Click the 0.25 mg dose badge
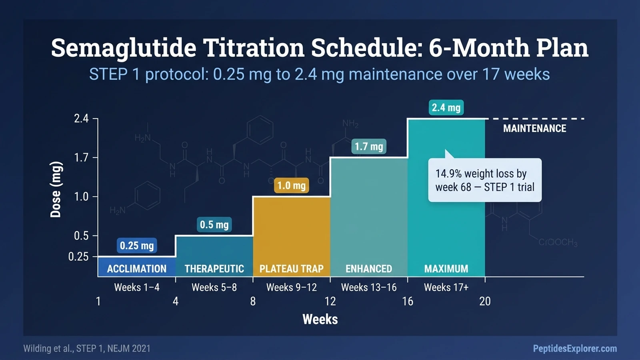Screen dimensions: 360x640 click(137, 245)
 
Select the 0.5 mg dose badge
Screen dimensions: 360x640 click(214, 224)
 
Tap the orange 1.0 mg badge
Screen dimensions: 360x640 click(291, 186)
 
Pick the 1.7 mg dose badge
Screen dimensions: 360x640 click(368, 146)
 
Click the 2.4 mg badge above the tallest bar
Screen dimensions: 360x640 click(446, 108)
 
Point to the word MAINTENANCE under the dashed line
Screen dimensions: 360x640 click(534, 128)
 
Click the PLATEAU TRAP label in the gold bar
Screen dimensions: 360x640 click(291, 269)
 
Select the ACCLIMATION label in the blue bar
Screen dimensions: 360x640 click(137, 269)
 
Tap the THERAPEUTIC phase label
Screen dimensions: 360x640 click(214, 269)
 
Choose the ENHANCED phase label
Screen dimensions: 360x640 click(368, 269)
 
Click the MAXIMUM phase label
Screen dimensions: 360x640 click(446, 269)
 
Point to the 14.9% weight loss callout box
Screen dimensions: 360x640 click(484, 180)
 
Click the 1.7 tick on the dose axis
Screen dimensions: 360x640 click(81, 158)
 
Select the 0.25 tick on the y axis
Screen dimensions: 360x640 click(78, 256)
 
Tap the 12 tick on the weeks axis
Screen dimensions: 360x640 click(330, 301)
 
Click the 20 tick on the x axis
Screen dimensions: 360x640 click(485, 301)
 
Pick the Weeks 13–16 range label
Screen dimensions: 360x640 click(368, 287)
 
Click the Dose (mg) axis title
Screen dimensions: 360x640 click(56, 190)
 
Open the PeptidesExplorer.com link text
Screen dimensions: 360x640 click(574, 348)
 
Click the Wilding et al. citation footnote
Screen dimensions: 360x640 click(87, 348)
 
